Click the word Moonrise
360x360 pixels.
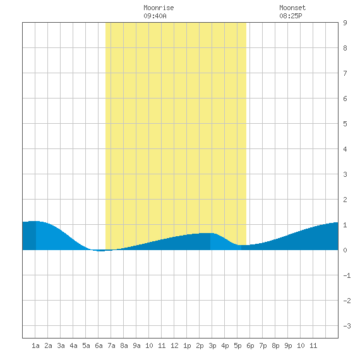(x=159, y=8)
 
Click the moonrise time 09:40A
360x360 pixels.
(x=155, y=16)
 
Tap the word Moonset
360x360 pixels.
(x=292, y=8)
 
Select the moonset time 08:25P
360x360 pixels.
(x=291, y=16)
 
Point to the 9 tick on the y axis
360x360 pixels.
(x=345, y=23)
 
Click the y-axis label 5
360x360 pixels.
(x=345, y=124)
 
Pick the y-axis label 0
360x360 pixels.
(x=345, y=250)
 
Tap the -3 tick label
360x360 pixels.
(x=347, y=326)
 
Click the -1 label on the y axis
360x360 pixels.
(x=347, y=275)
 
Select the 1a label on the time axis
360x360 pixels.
(x=35, y=345)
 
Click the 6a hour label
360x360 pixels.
(x=99, y=345)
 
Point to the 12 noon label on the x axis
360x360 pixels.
(x=174, y=345)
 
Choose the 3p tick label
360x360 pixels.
(x=212, y=346)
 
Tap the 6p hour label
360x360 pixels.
(x=250, y=346)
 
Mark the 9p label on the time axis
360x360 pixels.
(x=288, y=346)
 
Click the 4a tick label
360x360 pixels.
(x=73, y=345)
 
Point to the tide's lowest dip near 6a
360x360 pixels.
(x=100, y=251)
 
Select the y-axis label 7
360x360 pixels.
(x=345, y=73)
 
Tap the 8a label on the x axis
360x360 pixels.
(x=124, y=345)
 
